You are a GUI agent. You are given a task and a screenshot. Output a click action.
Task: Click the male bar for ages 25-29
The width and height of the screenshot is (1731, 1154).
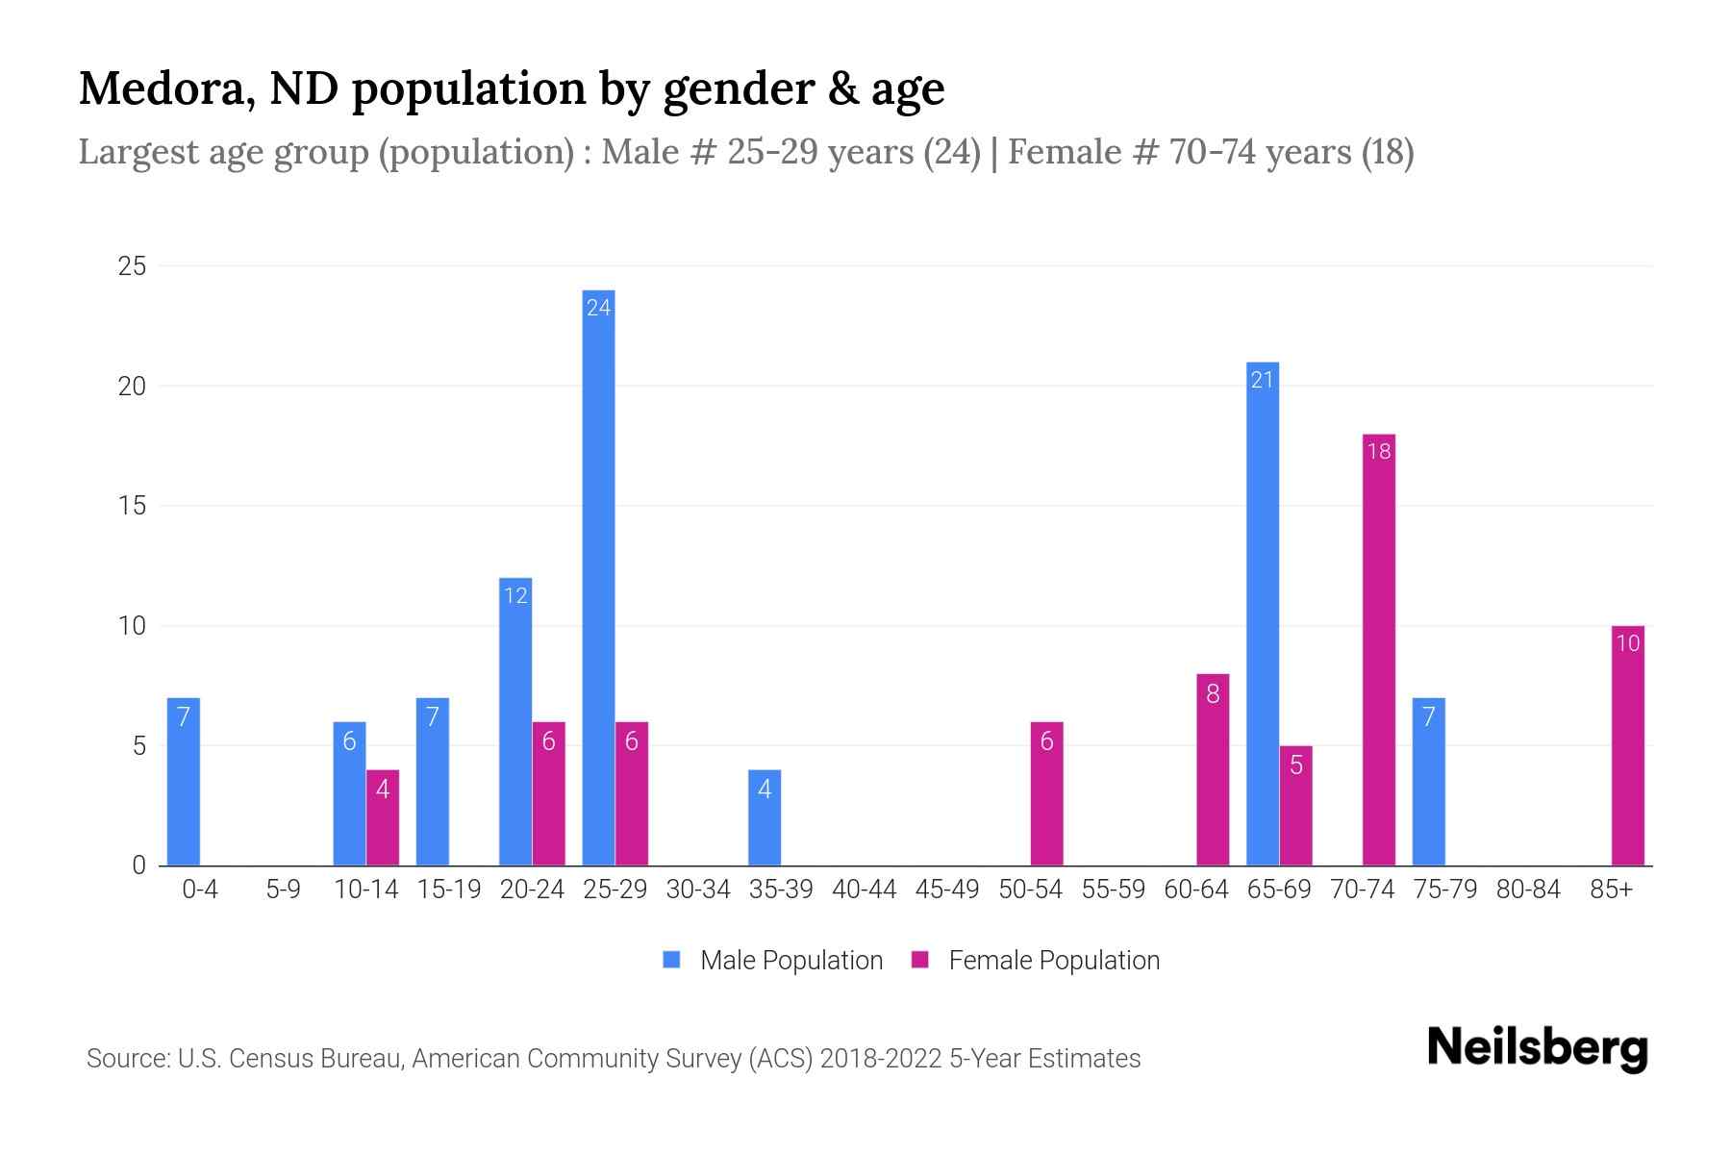tap(598, 577)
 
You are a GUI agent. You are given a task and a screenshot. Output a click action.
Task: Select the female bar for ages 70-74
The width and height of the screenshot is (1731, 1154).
tap(1378, 650)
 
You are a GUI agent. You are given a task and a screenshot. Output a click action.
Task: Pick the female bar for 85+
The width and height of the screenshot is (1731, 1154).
tap(1627, 746)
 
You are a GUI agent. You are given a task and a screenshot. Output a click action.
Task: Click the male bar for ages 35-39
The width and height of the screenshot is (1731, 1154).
tap(765, 817)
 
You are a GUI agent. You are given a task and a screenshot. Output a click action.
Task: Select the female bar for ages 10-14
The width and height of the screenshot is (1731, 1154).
tap(382, 817)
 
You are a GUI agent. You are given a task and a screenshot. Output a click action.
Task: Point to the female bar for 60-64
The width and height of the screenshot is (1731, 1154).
tap(1212, 769)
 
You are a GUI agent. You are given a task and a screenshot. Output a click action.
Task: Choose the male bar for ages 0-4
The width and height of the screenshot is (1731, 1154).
tap(183, 782)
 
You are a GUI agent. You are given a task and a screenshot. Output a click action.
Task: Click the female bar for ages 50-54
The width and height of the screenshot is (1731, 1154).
tap(1046, 793)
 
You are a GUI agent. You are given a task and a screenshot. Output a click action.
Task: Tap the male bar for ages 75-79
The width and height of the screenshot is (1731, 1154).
tap(1428, 782)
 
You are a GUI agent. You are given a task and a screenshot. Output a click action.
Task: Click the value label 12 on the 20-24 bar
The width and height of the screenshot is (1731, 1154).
tap(515, 595)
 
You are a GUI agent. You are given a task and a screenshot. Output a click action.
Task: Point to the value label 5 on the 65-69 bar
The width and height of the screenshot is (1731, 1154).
tap(1295, 765)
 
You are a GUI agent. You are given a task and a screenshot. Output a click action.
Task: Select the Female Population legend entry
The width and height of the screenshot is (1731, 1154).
tap(1036, 960)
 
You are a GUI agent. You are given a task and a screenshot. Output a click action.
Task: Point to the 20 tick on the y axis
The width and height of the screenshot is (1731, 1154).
tap(132, 387)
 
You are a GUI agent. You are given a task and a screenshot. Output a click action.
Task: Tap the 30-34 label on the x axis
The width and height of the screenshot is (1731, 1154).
tap(698, 890)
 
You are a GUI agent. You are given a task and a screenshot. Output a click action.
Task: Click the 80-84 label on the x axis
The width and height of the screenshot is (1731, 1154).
tap(1528, 890)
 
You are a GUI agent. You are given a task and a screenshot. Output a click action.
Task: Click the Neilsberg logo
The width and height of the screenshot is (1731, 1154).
tap(1537, 1048)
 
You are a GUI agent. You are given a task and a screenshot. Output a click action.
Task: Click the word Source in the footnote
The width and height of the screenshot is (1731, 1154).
tap(127, 1059)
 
